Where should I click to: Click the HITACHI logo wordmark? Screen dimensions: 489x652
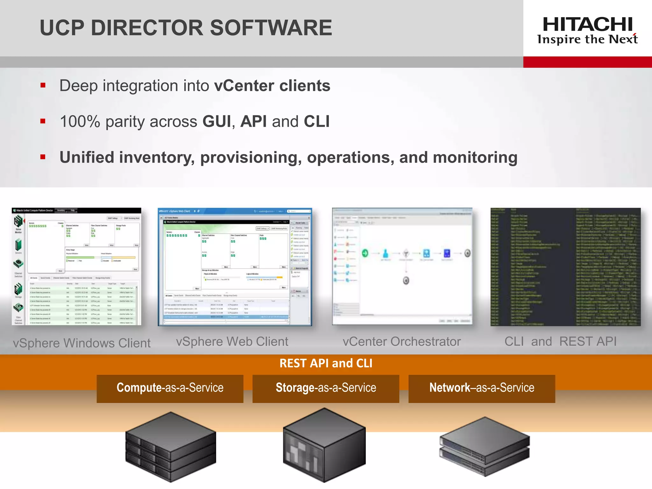point(587,24)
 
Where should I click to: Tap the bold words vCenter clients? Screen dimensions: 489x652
point(272,86)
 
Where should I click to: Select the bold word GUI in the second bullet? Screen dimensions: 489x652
point(216,121)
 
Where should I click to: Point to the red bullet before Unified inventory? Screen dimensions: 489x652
point(43,157)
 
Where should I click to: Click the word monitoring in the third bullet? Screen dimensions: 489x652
point(475,157)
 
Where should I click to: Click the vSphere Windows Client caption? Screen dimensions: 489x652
point(81,343)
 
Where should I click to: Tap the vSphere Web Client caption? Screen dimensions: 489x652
point(232,341)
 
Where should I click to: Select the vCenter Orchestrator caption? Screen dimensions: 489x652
point(401,341)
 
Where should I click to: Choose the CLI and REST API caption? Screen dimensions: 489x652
point(560,341)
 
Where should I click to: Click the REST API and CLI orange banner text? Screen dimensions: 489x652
point(326,363)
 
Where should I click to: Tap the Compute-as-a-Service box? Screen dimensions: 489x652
point(170,388)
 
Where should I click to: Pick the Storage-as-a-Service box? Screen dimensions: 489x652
point(326,388)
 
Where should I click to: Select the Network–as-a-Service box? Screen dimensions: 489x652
point(482,388)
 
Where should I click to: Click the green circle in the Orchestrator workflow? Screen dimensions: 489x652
point(365,253)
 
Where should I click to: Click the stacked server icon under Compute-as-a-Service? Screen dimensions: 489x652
point(171,446)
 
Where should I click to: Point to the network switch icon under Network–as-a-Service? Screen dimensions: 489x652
point(484,446)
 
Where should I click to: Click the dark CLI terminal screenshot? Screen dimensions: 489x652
point(565,267)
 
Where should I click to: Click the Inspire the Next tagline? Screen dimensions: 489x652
point(587,39)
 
